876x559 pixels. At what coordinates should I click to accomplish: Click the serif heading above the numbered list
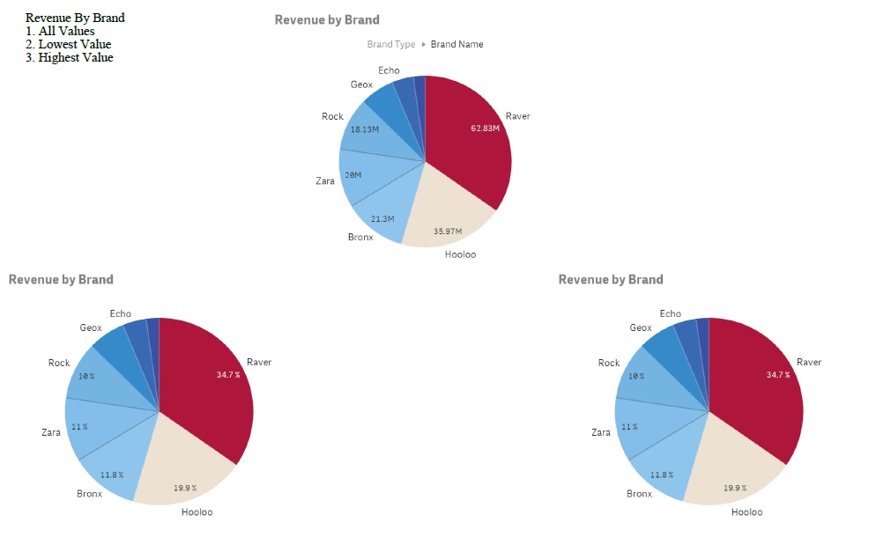click(75, 18)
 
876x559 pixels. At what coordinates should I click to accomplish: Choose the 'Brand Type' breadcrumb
click(391, 44)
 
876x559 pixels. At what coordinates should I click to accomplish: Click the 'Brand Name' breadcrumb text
click(457, 44)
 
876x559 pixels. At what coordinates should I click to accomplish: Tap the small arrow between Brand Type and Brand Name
click(423, 44)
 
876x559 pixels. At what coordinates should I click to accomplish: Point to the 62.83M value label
click(485, 128)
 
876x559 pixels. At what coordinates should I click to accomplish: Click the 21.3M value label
click(382, 218)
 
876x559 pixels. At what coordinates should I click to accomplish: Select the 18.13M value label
click(364, 129)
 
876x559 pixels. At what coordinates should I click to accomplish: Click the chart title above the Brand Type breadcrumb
click(327, 19)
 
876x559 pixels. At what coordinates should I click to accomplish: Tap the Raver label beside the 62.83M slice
click(518, 116)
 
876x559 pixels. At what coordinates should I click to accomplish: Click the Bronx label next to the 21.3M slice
click(360, 237)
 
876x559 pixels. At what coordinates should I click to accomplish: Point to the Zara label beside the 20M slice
click(325, 180)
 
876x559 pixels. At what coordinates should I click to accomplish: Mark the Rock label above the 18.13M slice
click(332, 116)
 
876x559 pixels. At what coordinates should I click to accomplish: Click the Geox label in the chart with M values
click(361, 85)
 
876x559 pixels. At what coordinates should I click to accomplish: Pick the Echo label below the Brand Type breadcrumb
click(389, 70)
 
